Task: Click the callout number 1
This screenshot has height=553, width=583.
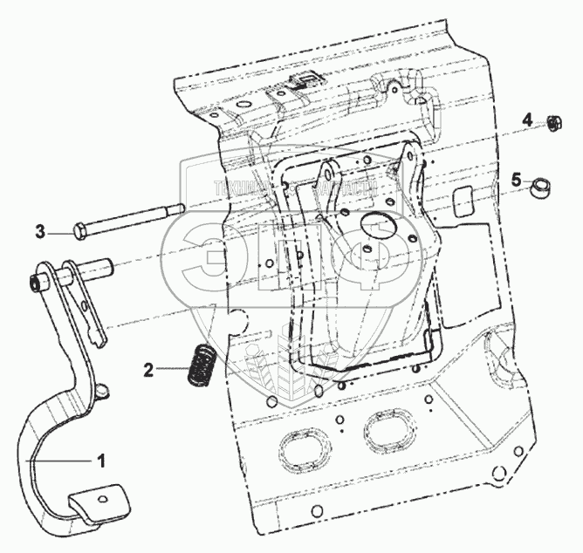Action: pos(102,460)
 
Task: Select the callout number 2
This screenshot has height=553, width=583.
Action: pos(149,370)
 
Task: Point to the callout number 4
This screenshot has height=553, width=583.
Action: pos(527,119)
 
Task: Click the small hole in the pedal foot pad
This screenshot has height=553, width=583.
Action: pos(102,497)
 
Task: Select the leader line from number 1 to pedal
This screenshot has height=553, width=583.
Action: pos(61,459)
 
